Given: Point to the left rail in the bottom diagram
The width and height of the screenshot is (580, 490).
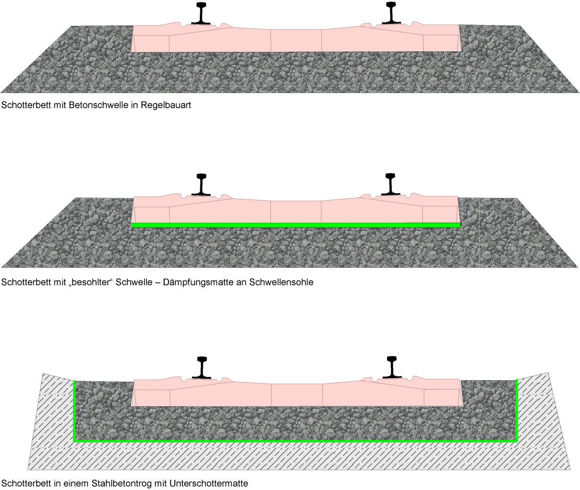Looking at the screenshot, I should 201,367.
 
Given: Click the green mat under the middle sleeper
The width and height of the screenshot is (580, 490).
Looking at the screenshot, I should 296,225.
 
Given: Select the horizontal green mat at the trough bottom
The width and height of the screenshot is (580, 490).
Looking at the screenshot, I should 296,441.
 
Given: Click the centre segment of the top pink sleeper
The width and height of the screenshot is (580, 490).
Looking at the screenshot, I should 296,40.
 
